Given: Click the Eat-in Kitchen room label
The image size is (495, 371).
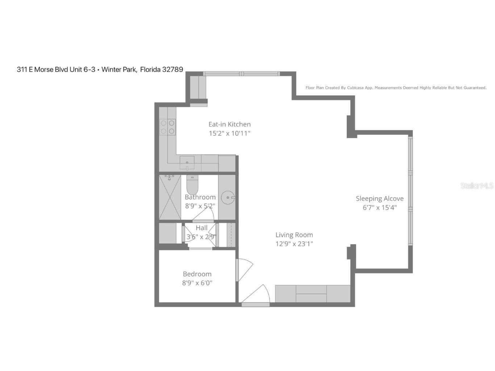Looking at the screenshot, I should coord(229,124).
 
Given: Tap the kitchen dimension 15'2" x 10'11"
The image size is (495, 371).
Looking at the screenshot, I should coord(229,133).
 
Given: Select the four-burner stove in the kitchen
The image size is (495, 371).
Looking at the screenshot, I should coord(167,127).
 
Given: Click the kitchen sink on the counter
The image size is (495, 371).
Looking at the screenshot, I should coord(187,163).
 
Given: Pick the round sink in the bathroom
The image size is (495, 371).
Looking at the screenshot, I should coord(228,197).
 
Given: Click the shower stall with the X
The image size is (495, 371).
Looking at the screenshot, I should coord(170,197).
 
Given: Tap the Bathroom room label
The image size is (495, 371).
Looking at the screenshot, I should coord(200,197).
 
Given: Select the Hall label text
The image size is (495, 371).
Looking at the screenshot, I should coord(201,228).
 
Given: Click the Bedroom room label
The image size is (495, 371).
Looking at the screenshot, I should coord(197,274).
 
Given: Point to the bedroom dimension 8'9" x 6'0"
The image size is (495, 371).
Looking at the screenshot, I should coord(197,283).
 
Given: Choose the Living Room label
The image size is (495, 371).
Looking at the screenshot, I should coord(294,235).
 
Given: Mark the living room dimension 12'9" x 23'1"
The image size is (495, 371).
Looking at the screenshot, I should coord(294,244).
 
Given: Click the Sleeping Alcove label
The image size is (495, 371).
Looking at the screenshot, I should coord(379,199).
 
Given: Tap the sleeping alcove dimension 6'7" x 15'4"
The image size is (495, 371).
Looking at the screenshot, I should coord(379,208).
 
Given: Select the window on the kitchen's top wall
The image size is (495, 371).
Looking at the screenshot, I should coord(241,74).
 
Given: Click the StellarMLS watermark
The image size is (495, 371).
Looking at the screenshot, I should coord(477,185).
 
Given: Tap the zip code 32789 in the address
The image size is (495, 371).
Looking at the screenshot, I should coord(172,69).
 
